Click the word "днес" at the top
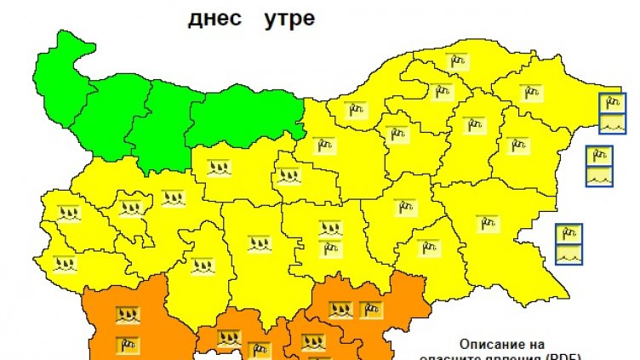point(213,18)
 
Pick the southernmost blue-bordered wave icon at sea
point(568,254)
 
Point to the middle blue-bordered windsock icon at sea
point(599,157)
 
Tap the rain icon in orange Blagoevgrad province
point(128,316)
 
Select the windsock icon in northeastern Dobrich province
point(530,90)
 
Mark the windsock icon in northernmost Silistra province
point(460,61)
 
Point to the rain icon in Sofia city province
point(130,207)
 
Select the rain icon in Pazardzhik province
point(201,265)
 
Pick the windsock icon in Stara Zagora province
point(329,248)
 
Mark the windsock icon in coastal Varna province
point(515,145)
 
